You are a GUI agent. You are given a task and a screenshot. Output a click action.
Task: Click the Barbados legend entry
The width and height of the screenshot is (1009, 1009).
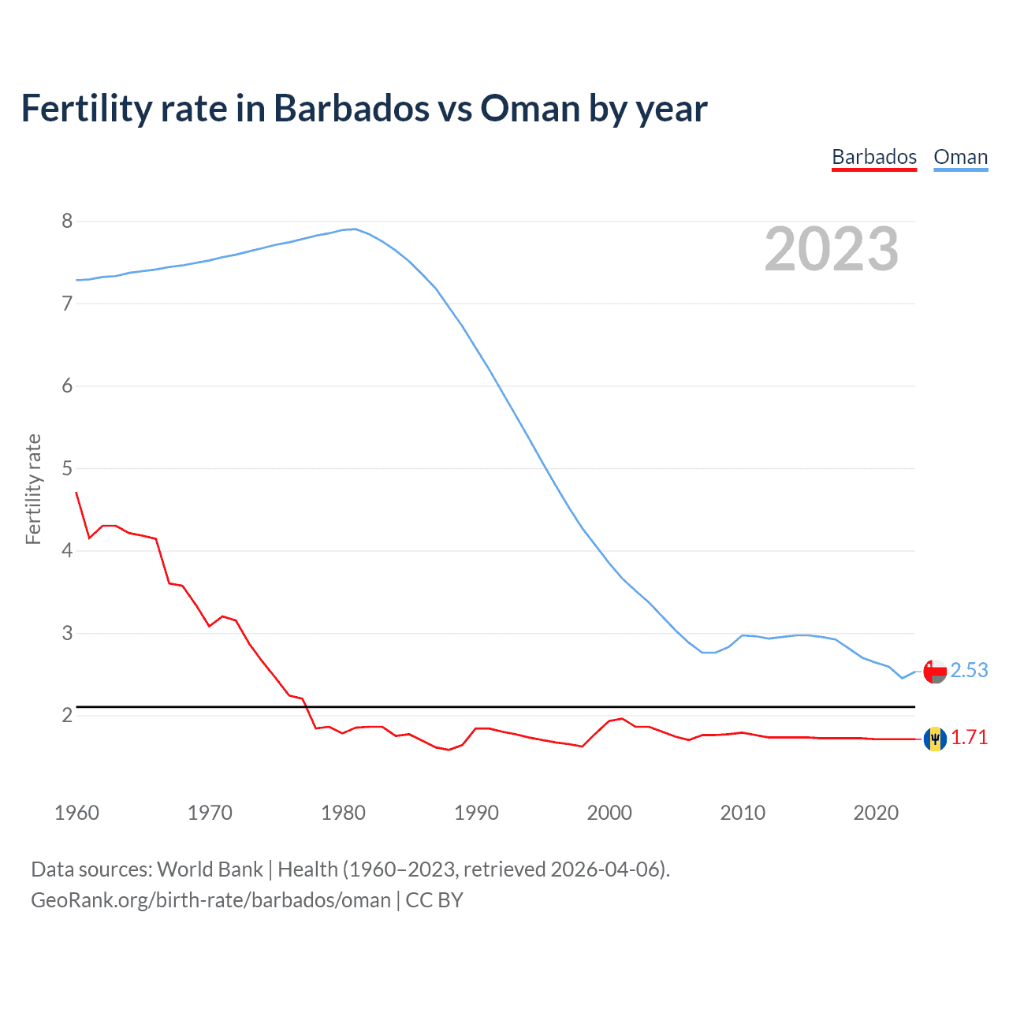pyautogui.click(x=874, y=157)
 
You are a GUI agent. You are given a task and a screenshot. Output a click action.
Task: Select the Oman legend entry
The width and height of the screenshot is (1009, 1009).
pyautogui.click(x=960, y=157)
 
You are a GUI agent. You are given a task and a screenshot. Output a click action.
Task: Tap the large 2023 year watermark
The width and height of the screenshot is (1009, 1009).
pyautogui.click(x=831, y=249)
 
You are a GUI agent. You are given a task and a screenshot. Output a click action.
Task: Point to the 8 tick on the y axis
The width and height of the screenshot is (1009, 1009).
pyautogui.click(x=67, y=222)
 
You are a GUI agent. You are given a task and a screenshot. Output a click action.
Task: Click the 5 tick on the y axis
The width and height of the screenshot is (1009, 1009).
pyautogui.click(x=67, y=469)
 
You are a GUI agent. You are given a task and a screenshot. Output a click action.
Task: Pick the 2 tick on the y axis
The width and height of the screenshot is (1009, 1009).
pyautogui.click(x=67, y=716)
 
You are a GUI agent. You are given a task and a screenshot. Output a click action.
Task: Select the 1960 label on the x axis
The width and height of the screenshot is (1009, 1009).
pyautogui.click(x=76, y=813)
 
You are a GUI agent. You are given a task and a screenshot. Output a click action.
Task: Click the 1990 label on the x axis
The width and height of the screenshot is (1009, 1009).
pyautogui.click(x=476, y=813)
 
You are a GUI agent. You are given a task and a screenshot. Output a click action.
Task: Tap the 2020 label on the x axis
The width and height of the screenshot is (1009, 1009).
pyautogui.click(x=876, y=813)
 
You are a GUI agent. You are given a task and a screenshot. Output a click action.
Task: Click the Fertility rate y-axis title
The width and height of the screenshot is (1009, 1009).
pyautogui.click(x=33, y=489)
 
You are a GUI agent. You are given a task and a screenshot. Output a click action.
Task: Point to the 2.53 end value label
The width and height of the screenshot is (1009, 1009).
pyautogui.click(x=969, y=670)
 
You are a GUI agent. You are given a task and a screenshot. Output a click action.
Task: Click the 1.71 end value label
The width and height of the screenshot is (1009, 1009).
pyautogui.click(x=969, y=737)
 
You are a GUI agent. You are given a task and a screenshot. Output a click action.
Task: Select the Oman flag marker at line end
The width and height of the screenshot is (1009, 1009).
pyautogui.click(x=935, y=672)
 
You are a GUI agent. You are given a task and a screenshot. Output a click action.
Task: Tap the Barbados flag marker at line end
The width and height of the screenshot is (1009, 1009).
pyautogui.click(x=935, y=739)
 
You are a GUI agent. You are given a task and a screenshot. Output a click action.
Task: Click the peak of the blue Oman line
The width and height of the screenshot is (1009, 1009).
pyautogui.click(x=355, y=229)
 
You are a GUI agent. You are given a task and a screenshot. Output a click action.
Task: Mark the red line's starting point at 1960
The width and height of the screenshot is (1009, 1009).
pyautogui.click(x=76, y=493)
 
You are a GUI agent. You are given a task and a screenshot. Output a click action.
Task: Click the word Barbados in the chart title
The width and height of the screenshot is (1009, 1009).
pyautogui.click(x=351, y=108)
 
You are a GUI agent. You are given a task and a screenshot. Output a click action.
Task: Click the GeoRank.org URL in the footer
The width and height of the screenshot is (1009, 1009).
pyautogui.click(x=210, y=900)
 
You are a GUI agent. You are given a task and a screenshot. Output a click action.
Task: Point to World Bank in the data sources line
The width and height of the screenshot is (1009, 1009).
pyautogui.click(x=210, y=869)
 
